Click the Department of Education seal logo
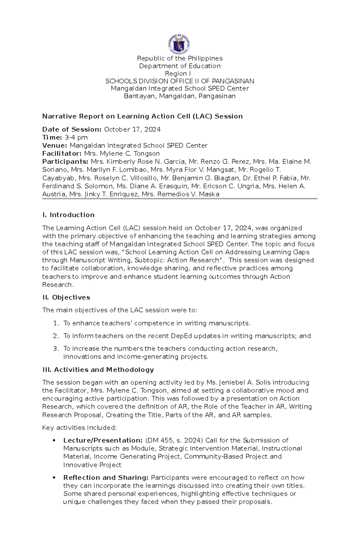point(179,44)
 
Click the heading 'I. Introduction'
point(68,215)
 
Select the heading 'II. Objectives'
point(66,297)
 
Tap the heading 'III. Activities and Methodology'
point(98,370)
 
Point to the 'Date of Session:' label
point(72,129)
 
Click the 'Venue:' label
point(55,146)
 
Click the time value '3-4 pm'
point(76,138)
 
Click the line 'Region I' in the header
point(178,74)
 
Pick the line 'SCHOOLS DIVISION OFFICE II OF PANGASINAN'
point(180,81)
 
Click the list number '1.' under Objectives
point(56,323)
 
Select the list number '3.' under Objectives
point(56,349)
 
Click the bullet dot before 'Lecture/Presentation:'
point(54,440)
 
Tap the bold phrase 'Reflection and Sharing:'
point(106,477)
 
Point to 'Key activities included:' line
point(79,428)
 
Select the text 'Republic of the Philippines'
point(180,58)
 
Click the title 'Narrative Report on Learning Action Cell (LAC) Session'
point(142,116)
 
